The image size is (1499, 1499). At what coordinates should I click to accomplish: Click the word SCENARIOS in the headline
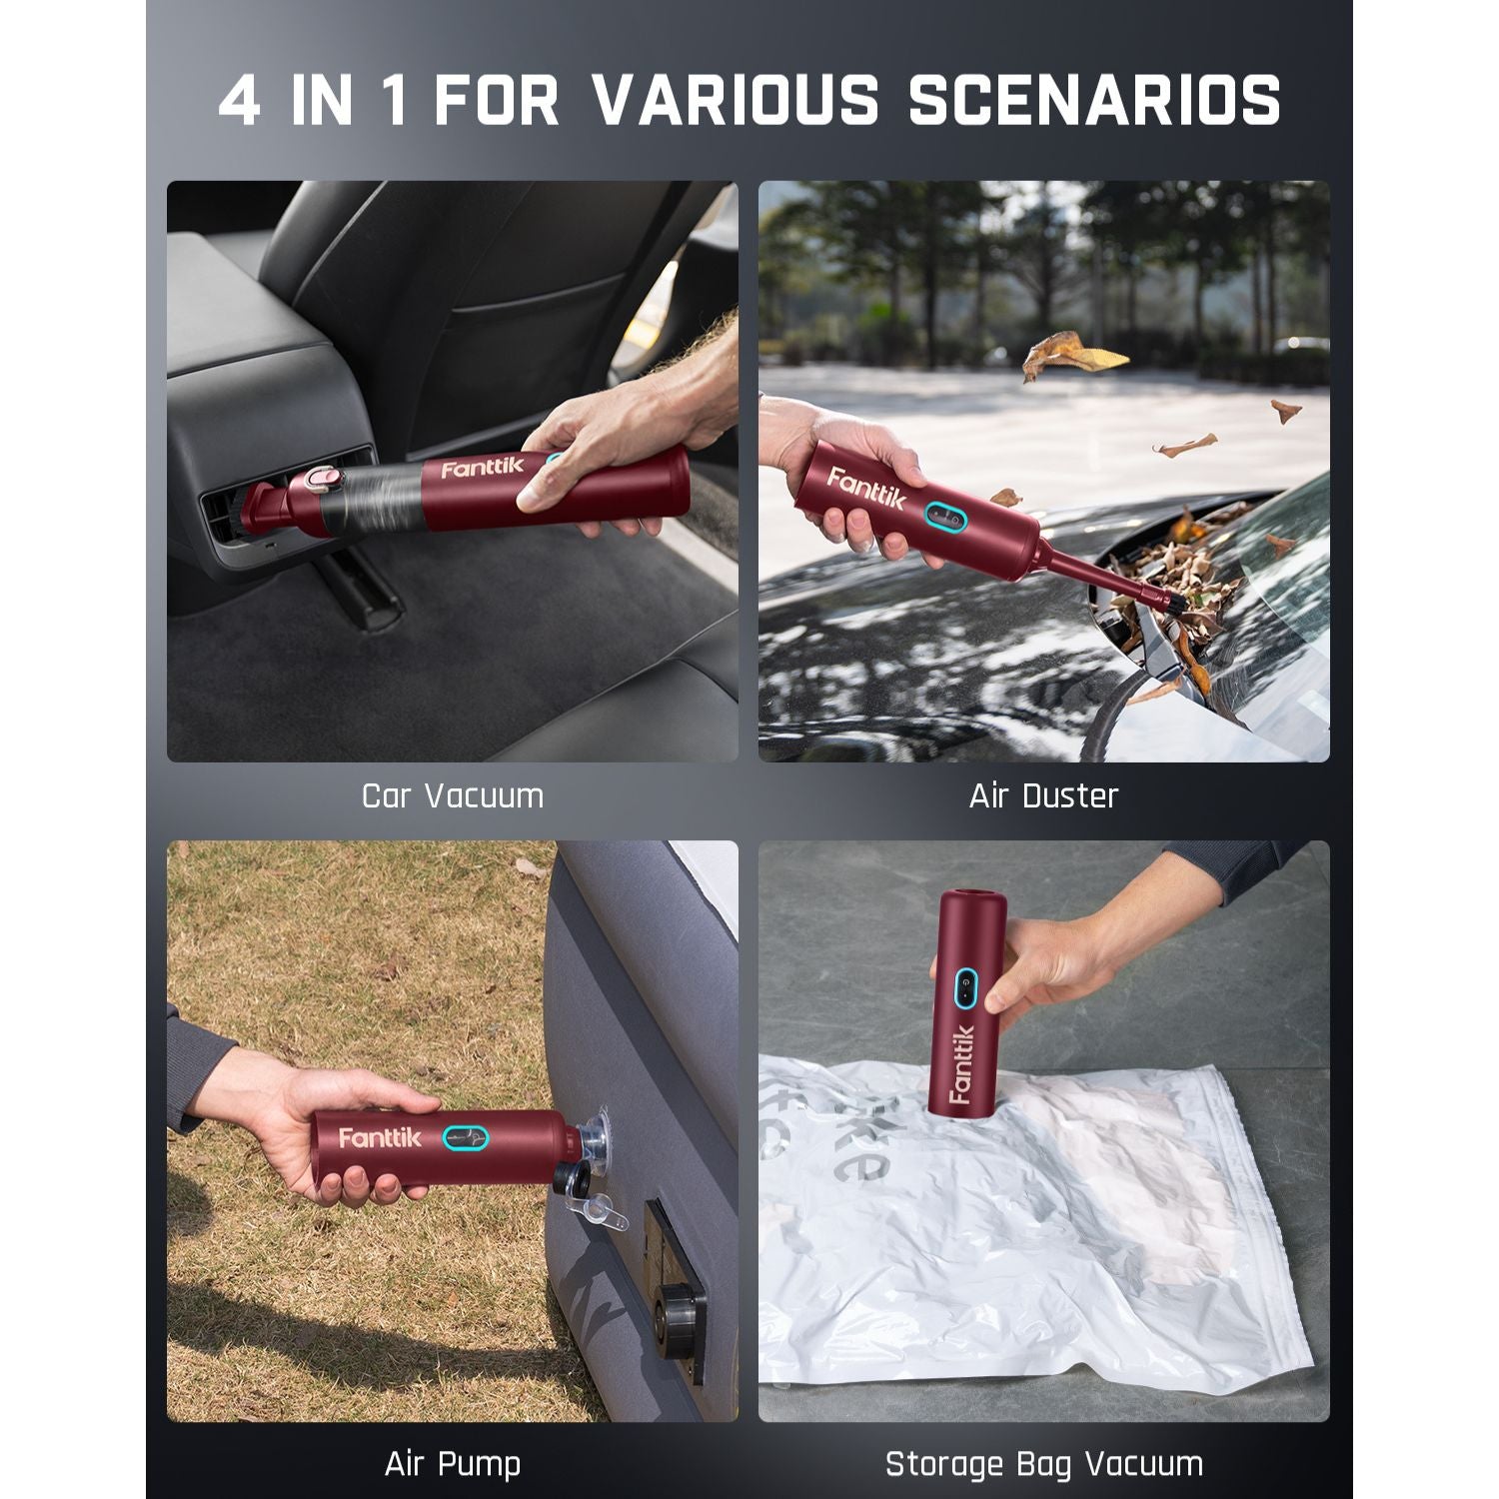(x=1094, y=100)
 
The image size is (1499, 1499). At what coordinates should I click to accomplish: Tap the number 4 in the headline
(x=240, y=100)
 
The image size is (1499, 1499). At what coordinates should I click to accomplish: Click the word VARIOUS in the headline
(x=736, y=100)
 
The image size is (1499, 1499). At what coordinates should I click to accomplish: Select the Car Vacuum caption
(x=453, y=796)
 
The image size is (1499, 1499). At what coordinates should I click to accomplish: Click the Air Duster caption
(x=1043, y=796)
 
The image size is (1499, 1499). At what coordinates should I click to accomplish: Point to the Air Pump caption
(x=453, y=1464)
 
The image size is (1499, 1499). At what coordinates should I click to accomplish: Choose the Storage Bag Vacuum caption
(x=1043, y=1464)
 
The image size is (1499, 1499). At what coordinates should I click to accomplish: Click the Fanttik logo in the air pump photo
(x=380, y=1138)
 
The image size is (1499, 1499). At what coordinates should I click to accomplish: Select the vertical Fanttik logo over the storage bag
(x=961, y=1064)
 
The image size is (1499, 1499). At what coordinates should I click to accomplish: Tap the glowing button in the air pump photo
(x=466, y=1137)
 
